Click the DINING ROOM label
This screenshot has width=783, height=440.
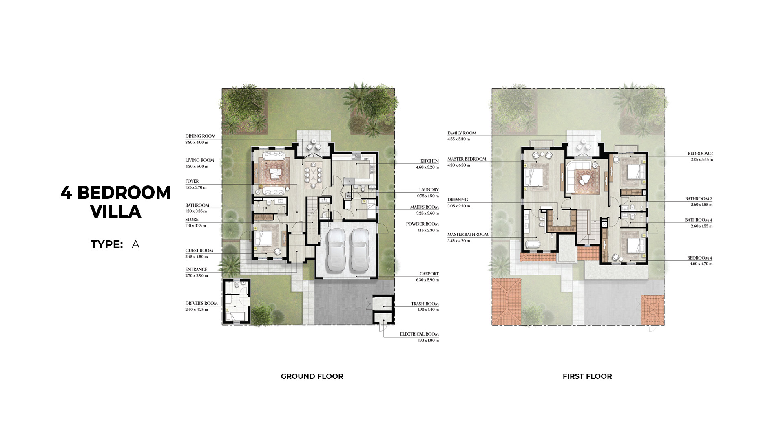pos(200,136)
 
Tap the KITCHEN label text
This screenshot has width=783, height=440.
pos(429,161)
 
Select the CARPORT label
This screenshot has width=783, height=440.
pos(429,274)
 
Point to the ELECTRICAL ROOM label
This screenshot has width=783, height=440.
pos(419,334)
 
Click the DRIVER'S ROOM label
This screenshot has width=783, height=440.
pos(201,304)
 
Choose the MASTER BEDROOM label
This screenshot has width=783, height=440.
pos(467,159)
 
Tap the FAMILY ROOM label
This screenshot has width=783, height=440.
pos(462,133)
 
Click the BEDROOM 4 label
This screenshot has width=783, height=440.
pos(700,258)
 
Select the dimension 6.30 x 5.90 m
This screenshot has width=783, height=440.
pos(427,280)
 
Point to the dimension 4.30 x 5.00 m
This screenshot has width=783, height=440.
pos(197,167)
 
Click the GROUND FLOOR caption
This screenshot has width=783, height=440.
pos(312,376)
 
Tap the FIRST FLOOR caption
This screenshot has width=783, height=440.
pos(587,376)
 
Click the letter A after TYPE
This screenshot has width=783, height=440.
pos(136,244)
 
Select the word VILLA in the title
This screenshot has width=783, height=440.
pos(116,211)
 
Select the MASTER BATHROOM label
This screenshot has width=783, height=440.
pos(468,235)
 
